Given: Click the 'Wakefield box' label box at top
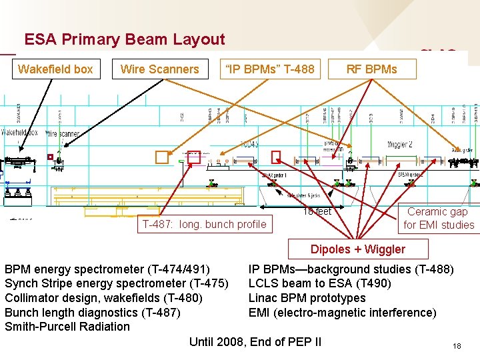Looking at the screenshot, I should pyautogui.click(x=55, y=69).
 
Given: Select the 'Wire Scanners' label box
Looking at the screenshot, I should pyautogui.click(x=159, y=69).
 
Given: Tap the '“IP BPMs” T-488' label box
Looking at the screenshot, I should pyautogui.click(x=269, y=69).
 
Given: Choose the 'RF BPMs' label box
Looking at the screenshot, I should pyautogui.click(x=371, y=69).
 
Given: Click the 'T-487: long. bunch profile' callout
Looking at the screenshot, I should pyautogui.click(x=203, y=225).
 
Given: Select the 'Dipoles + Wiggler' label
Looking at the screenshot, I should pyautogui.click(x=357, y=249).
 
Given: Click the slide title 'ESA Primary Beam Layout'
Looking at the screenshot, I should pyautogui.click(x=125, y=39).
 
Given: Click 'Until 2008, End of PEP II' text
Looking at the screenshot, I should pyautogui.click(x=255, y=342).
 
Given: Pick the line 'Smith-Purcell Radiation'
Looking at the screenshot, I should pyautogui.click(x=67, y=327).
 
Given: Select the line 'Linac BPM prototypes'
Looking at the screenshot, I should pyautogui.click(x=307, y=298).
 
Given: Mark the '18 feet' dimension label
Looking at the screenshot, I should pyautogui.click(x=317, y=211).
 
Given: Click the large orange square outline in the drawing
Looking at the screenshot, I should pyautogui.click(x=162, y=157).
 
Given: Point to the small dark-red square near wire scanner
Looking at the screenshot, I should pyautogui.click(x=49, y=157).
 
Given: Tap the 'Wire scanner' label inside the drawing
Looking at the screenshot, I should pyautogui.click(x=62, y=134).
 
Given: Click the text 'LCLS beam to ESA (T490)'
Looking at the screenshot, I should pyautogui.click(x=320, y=283).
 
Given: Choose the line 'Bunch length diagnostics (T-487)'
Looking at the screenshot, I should pyautogui.click(x=93, y=313).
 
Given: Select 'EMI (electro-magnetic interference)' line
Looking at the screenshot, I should pyautogui.click(x=342, y=313).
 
